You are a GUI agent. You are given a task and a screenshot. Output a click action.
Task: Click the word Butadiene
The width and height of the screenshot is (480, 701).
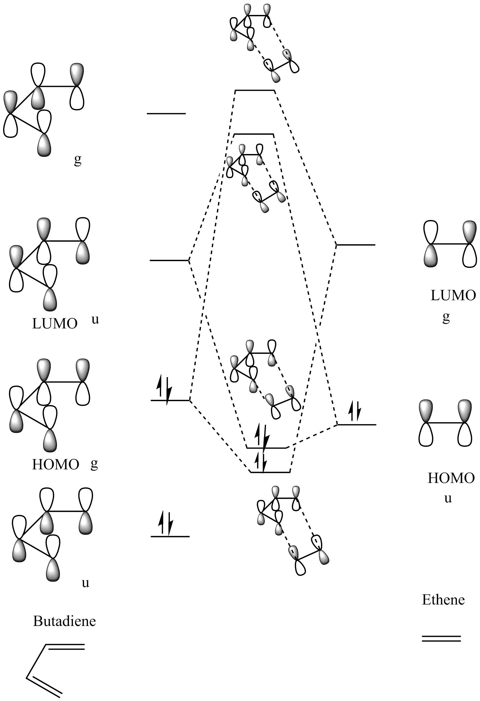[x=64, y=621]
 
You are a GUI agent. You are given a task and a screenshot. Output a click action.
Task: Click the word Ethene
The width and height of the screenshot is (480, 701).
[x=443, y=600]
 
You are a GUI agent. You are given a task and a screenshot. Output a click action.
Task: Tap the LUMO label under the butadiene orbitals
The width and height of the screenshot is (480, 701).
[x=55, y=324]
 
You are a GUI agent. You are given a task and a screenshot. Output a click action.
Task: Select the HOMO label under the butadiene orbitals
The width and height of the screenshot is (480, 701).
[x=56, y=465]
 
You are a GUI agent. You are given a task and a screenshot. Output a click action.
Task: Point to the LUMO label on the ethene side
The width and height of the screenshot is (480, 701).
[x=453, y=295]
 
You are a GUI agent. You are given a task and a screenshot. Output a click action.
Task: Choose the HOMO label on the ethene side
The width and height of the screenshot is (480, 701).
[x=451, y=478]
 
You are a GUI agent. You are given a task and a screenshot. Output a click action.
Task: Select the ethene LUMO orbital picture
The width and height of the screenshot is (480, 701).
[x=449, y=244]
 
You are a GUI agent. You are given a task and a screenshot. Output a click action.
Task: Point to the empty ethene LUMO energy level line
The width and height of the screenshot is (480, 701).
[x=356, y=245]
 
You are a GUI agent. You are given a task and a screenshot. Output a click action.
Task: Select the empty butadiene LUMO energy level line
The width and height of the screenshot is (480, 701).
[x=169, y=260]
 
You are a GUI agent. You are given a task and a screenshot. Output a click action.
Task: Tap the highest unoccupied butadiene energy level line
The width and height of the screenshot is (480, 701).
[x=166, y=114]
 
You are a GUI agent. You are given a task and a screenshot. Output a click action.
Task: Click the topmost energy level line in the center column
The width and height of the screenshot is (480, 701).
[x=255, y=91]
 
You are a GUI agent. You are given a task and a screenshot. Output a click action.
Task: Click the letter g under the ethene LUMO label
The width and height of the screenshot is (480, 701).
[x=446, y=318]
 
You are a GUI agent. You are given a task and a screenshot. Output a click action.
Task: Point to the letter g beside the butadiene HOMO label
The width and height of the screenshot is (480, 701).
[x=94, y=465]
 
